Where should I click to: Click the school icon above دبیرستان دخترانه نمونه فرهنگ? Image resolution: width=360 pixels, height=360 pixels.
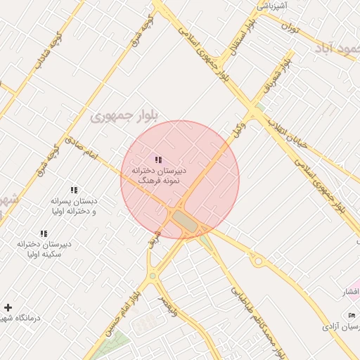click(x=158, y=160)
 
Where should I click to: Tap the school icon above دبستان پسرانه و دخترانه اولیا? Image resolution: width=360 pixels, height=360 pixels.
click(x=73, y=190)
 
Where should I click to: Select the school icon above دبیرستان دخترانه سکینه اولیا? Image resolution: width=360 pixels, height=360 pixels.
click(x=44, y=233)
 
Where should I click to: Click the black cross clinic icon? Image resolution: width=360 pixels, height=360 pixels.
click(x=8, y=307)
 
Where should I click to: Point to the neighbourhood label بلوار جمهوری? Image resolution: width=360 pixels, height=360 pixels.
click(x=124, y=115)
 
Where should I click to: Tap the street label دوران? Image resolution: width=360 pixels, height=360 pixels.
click(x=290, y=27)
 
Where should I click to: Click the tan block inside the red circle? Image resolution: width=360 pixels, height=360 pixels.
click(x=186, y=220)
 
